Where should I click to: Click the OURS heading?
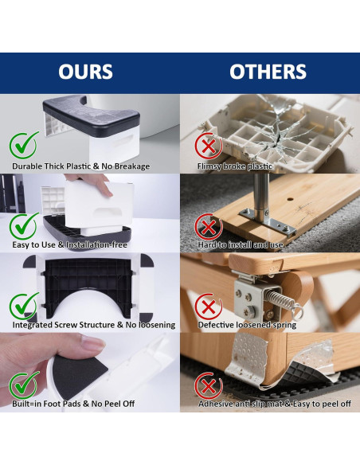pos(85,72)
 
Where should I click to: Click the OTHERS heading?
pos(268,72)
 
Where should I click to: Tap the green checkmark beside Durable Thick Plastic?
pos(24,145)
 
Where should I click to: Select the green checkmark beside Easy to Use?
pos(24,226)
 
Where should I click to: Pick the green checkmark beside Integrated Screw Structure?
pos(24,306)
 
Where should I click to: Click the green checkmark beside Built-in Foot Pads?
pos(24,385)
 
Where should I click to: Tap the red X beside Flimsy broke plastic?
pos(209,147)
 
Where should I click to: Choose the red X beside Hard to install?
pos(209,227)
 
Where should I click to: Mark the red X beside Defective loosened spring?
pos(209,307)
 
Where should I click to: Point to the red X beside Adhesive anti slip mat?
pos(209,386)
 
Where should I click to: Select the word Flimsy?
pos(209,166)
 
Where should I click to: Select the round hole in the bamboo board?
pos(290,199)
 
